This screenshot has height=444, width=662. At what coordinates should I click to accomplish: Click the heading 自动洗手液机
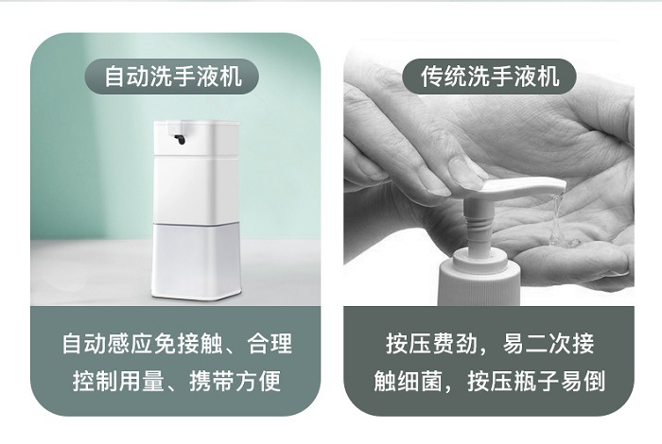click(x=173, y=77)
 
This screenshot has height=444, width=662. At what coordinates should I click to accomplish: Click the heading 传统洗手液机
click(x=490, y=77)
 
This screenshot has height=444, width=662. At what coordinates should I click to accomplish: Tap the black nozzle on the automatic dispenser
click(x=180, y=139)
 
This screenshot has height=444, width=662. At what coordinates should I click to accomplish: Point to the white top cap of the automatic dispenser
click(x=197, y=137)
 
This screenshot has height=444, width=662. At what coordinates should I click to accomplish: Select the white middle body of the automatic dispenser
click(x=197, y=190)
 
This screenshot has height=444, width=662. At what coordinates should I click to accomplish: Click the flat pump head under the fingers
click(x=523, y=187)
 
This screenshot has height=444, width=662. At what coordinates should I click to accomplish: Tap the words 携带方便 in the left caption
click(x=235, y=381)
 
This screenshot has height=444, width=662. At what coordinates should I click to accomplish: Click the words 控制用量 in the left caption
click(x=118, y=381)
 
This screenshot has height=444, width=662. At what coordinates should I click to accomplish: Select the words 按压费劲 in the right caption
click(x=432, y=343)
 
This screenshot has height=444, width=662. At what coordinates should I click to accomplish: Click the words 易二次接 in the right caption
click(x=548, y=343)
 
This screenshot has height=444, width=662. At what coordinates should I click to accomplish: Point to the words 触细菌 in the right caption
click(x=408, y=381)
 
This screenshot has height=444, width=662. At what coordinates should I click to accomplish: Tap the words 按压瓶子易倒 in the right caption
click(x=536, y=381)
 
